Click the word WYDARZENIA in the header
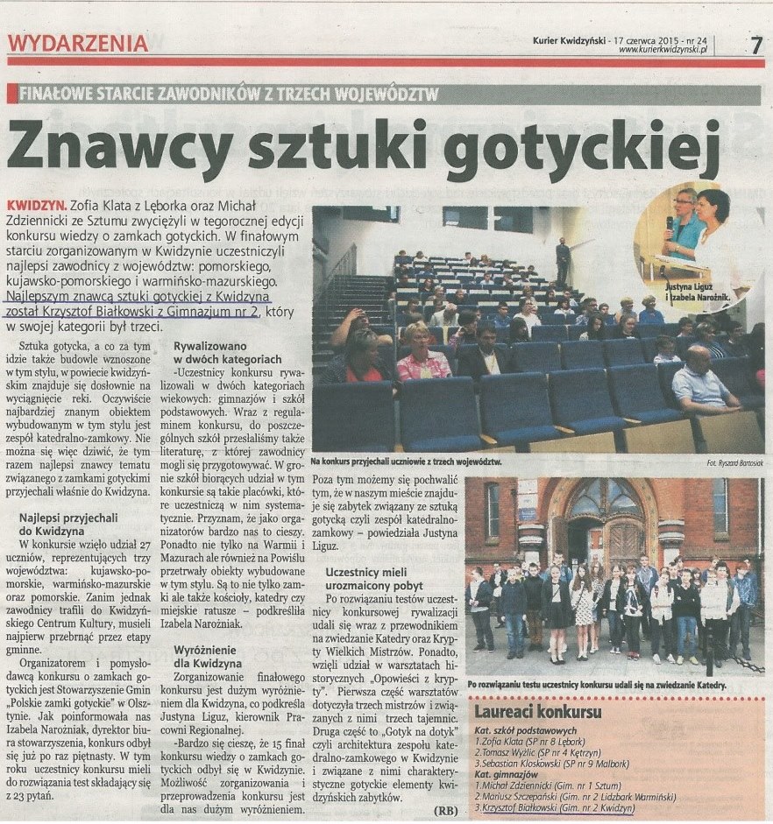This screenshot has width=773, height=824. [78, 43]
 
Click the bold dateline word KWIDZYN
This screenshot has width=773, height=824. [32, 200]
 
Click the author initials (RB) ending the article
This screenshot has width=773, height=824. [446, 810]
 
